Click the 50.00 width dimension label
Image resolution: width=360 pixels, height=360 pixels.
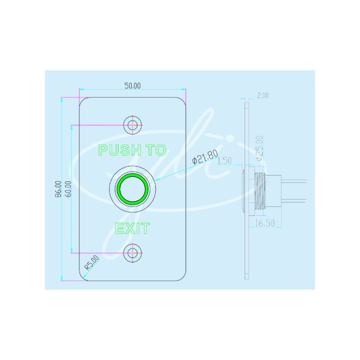[x=132, y=85]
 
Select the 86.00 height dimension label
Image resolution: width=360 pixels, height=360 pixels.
[x=58, y=189]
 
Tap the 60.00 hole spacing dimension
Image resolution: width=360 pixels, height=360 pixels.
[x=68, y=189]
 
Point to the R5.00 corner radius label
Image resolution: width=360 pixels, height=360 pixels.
[x=92, y=262]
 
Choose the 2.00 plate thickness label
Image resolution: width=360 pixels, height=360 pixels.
[x=263, y=95]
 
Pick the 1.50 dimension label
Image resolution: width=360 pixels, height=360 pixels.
[x=224, y=161]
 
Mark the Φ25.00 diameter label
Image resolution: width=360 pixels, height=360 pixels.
[x=259, y=148]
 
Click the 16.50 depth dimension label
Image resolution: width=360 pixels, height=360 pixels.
[x=265, y=223]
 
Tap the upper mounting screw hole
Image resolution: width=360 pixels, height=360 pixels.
[x=132, y=125]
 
